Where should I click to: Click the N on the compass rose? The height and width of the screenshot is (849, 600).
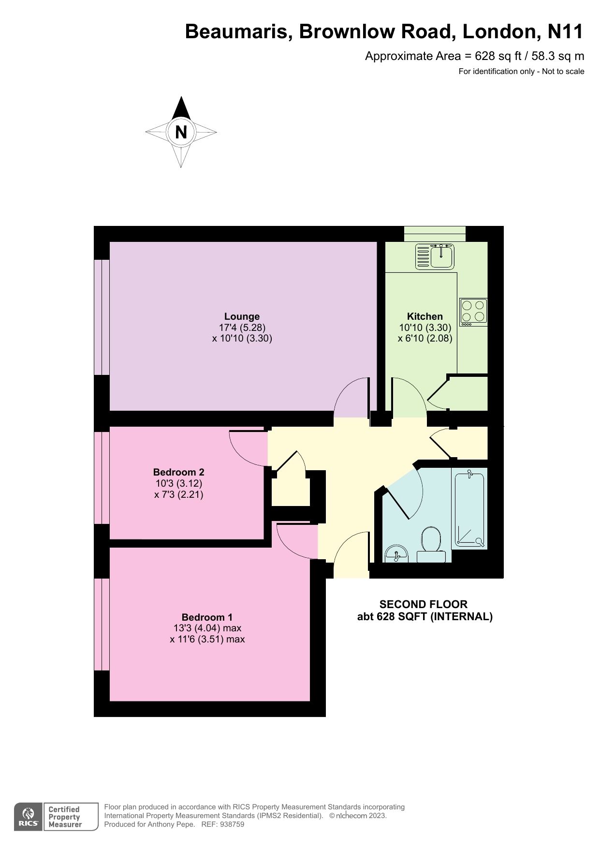click(181, 132)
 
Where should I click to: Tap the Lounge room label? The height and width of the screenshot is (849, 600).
click(242, 316)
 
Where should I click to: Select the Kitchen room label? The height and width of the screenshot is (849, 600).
click(424, 316)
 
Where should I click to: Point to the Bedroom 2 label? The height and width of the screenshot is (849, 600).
click(178, 472)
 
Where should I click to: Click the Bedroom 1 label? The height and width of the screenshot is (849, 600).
click(207, 617)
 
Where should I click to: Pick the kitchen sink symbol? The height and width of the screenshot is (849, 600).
click(435, 256)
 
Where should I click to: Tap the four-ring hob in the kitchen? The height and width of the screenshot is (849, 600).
click(473, 312)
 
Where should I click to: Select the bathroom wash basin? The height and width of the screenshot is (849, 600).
click(397, 554)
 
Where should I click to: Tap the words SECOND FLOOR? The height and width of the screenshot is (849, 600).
click(423, 604)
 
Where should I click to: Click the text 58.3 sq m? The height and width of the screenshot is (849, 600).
click(558, 56)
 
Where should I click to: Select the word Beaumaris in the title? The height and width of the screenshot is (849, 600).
click(238, 32)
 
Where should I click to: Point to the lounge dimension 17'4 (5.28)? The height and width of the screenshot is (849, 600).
click(242, 328)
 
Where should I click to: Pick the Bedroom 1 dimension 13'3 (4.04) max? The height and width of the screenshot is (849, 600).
click(207, 628)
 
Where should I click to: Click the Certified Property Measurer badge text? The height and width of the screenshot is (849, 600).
click(64, 817)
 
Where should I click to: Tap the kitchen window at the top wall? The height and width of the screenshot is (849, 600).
click(435, 234)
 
